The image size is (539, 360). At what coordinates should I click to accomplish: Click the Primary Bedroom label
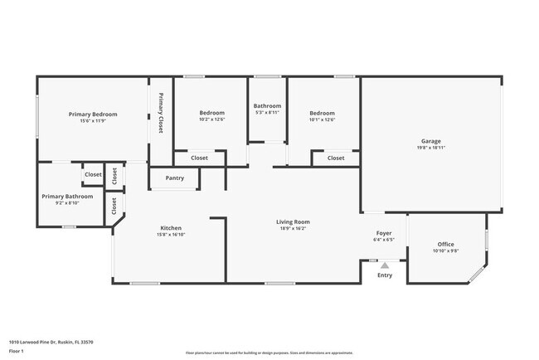(93, 114)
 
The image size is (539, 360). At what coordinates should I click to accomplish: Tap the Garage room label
(430, 141)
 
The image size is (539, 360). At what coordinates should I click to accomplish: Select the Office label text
(445, 244)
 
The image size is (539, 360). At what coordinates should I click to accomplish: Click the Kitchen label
(171, 228)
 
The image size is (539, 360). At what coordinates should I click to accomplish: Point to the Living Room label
(293, 221)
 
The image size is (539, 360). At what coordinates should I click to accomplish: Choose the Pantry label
(175, 178)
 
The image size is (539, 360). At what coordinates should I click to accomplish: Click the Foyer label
(384, 234)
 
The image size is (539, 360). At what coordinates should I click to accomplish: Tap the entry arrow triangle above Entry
(385, 265)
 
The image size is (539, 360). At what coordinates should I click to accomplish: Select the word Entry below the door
(385, 275)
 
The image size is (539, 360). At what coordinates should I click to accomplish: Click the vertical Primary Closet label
(161, 113)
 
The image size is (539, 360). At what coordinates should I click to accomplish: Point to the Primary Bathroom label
(68, 196)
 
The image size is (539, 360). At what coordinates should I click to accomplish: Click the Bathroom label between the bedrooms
(267, 106)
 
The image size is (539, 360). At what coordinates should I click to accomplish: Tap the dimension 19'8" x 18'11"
(430, 148)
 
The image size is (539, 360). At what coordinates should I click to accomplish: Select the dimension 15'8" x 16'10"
(171, 235)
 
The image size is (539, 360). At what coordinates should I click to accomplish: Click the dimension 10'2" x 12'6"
(211, 119)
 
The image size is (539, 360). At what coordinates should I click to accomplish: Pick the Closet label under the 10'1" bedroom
(335, 158)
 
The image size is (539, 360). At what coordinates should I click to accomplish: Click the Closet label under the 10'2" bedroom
(200, 158)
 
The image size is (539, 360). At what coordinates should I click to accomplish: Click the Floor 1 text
(17, 352)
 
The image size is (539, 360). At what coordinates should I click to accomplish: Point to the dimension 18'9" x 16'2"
(293, 228)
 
